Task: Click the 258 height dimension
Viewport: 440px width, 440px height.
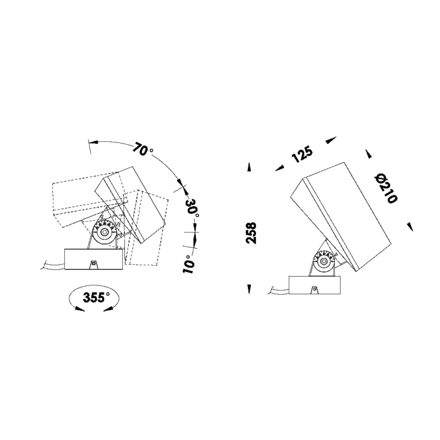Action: coord(251,233)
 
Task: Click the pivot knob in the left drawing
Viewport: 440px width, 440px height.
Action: coord(105,233)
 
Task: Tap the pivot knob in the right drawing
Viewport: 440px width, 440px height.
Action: coord(323,261)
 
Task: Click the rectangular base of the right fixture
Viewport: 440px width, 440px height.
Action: coord(314,285)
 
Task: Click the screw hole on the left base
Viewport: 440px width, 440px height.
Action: coord(93,264)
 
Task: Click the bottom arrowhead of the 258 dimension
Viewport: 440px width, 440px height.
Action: coord(249,289)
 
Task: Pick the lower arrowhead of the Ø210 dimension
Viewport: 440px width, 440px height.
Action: coord(410,226)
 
